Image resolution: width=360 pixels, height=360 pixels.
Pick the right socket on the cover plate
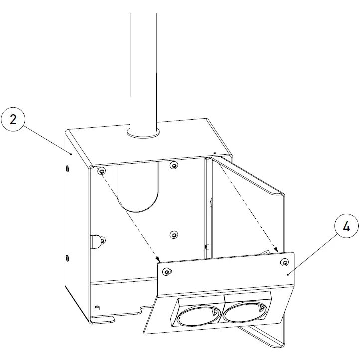point(242,312)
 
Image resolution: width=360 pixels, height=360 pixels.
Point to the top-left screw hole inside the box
point(101,171)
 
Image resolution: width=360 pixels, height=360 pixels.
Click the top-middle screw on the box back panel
point(173,165)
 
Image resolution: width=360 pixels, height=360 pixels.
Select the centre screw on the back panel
point(173,234)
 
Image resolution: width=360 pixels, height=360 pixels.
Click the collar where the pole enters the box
point(143,133)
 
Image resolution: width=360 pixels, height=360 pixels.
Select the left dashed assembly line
point(130,215)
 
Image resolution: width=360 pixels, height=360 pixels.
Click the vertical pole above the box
point(143,65)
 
